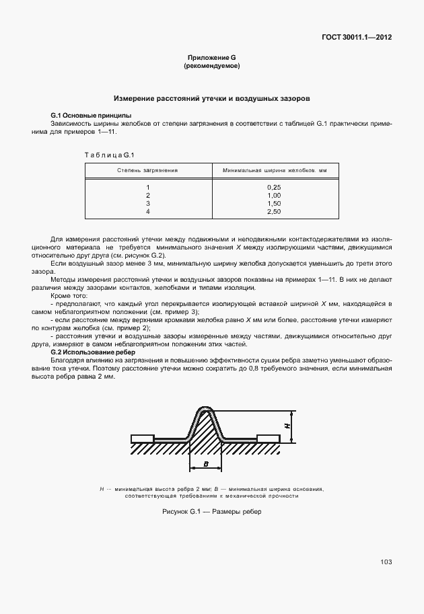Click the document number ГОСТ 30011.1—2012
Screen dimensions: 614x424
357,37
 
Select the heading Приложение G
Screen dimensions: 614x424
211,59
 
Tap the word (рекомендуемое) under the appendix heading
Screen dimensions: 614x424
211,67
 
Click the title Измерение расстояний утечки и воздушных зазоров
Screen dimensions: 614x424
211,98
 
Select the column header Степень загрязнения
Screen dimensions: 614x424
147,171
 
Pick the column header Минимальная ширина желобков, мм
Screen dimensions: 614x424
274,171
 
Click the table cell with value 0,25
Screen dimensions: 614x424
274,186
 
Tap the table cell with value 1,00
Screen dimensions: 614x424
274,195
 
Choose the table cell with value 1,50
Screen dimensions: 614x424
274,203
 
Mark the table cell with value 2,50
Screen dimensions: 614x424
274,212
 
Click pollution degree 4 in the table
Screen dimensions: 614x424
147,212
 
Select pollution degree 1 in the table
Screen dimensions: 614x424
147,186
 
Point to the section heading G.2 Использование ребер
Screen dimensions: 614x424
93,352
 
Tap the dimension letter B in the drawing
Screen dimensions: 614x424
206,464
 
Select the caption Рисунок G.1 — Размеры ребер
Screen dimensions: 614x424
211,512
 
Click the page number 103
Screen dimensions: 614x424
386,562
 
